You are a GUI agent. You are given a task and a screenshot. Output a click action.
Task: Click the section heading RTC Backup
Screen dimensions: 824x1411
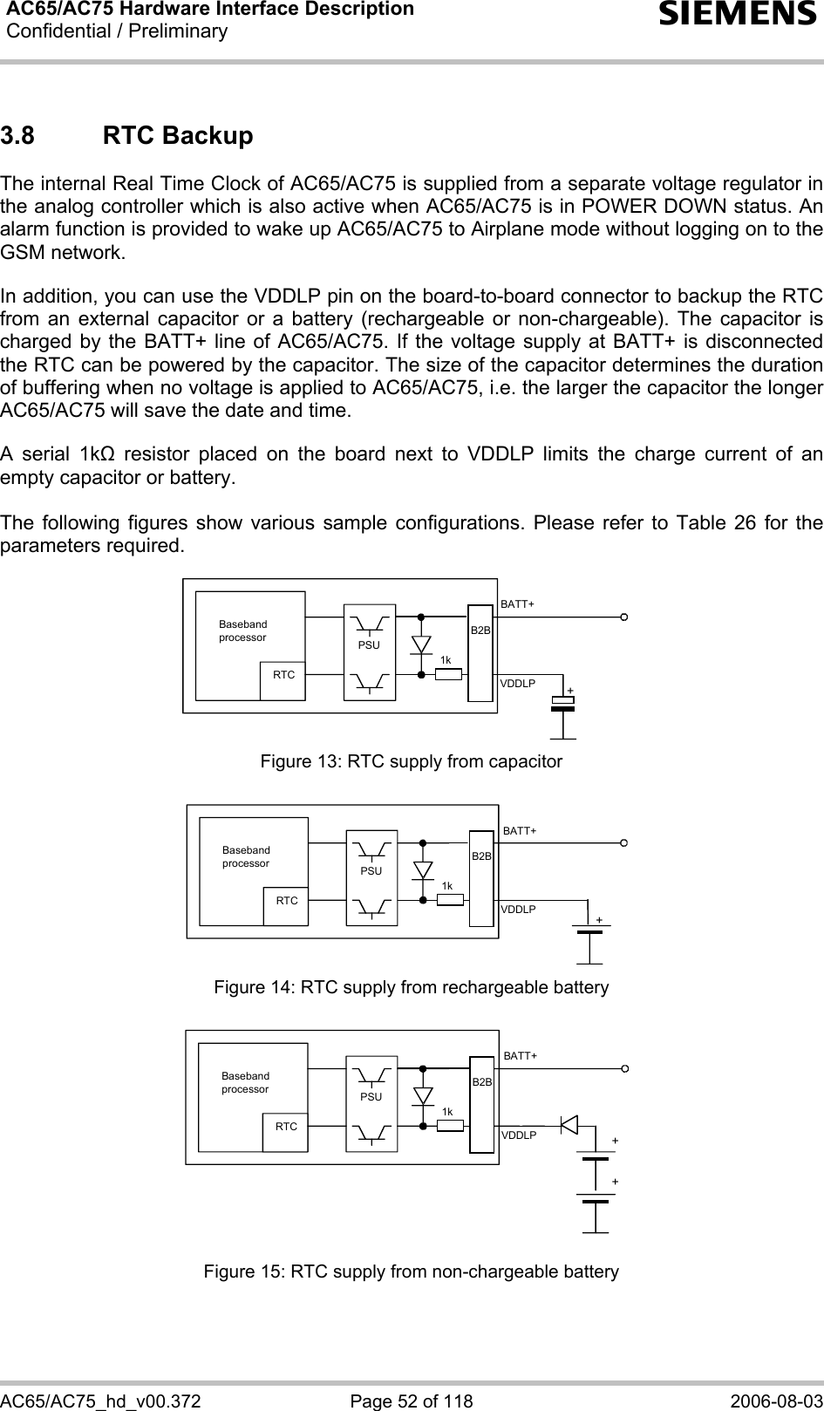click(178, 137)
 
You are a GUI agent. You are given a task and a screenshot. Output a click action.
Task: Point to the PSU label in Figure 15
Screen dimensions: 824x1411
click(371, 1096)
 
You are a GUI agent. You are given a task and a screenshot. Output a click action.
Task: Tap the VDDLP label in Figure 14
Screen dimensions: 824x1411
click(518, 910)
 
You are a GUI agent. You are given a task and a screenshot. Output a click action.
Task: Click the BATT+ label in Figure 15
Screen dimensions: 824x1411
click(521, 1056)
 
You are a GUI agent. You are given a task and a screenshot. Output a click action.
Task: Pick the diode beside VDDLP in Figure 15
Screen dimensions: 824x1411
click(569, 1124)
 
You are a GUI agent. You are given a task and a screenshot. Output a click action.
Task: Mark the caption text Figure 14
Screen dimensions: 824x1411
click(412, 987)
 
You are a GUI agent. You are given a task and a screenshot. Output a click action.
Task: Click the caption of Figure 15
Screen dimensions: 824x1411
click(412, 1271)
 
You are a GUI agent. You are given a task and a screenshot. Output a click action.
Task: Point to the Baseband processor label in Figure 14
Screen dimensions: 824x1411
click(246, 856)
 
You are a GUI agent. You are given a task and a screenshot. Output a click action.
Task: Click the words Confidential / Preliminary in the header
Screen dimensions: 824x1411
click(116, 32)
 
